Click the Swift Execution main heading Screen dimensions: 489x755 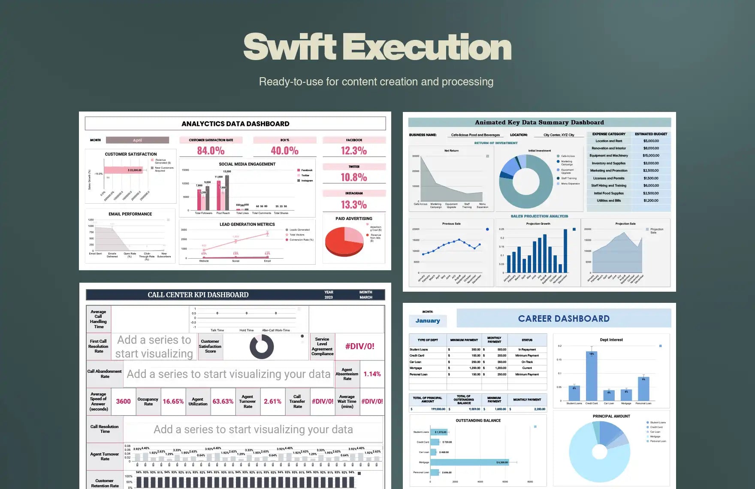[x=377, y=47]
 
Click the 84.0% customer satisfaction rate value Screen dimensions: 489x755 [x=211, y=151]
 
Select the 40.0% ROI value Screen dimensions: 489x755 [x=284, y=151]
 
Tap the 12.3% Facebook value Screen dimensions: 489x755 [x=354, y=151]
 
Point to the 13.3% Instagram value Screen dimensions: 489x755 [x=354, y=205]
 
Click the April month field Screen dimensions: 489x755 [x=137, y=140]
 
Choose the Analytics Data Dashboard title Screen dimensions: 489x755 [x=235, y=124]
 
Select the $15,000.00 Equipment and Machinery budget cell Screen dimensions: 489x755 [x=651, y=156]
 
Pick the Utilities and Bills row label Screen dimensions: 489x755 [x=608, y=201]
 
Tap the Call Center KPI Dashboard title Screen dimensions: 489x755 [x=198, y=295]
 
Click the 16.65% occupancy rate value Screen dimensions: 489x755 [x=173, y=401]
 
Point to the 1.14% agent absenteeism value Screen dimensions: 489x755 [x=372, y=374]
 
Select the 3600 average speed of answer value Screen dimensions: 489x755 [x=123, y=401]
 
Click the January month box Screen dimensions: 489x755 [x=428, y=321]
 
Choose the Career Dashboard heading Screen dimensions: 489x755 [x=564, y=319]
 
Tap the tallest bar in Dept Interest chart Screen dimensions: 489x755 [x=592, y=376]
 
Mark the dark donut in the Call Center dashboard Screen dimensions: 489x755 [x=262, y=347]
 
